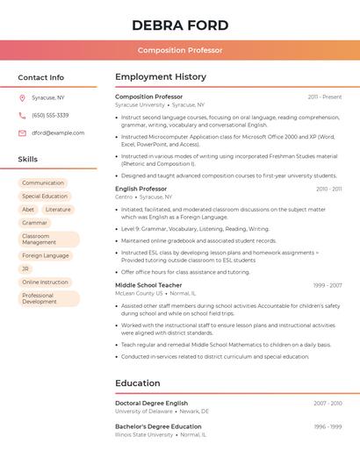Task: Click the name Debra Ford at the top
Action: coord(180,25)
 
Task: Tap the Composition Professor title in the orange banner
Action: coord(180,51)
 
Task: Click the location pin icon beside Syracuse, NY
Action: coord(22,97)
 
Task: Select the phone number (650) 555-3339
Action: coord(50,115)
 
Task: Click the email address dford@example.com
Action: coord(58,133)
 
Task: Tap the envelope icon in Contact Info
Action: coord(22,133)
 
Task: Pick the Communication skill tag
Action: coord(43,183)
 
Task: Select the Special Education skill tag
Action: coord(45,197)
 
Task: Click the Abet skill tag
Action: coord(28,210)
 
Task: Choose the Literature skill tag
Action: coord(58,210)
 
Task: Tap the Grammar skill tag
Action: coord(34,223)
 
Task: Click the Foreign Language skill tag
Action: coord(45,255)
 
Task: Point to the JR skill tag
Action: coord(25,268)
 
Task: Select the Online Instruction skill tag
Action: coord(45,283)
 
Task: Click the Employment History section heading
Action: coord(161,77)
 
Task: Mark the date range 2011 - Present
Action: coord(324,97)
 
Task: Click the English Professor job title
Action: coord(140,189)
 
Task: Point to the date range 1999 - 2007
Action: coord(327,285)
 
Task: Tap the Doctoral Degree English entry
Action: coord(151,403)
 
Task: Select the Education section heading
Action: coord(137,383)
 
